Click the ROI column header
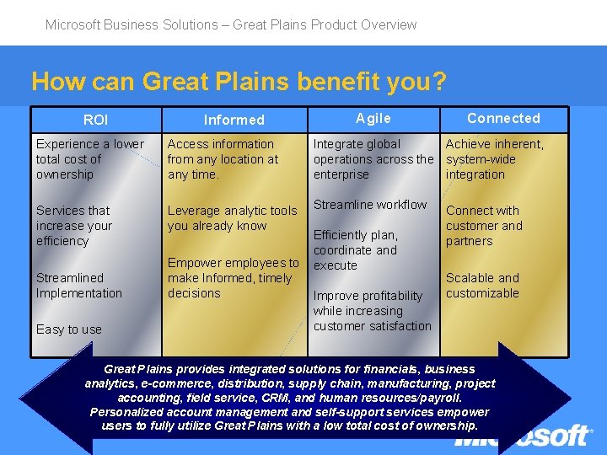(x=96, y=120)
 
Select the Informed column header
(x=234, y=120)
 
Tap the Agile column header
(x=373, y=119)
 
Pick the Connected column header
(x=503, y=118)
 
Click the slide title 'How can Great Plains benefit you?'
(x=239, y=82)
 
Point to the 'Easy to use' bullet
(x=68, y=329)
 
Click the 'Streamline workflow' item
(x=370, y=205)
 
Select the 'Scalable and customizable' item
(x=482, y=286)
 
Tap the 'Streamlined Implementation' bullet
(x=78, y=286)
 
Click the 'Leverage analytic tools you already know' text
(x=232, y=218)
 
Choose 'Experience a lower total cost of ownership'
(x=89, y=159)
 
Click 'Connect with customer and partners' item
(x=484, y=226)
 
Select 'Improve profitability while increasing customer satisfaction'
(x=372, y=311)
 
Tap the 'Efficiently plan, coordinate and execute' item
(x=355, y=250)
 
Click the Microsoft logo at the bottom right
(x=523, y=436)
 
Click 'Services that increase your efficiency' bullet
(x=73, y=226)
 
